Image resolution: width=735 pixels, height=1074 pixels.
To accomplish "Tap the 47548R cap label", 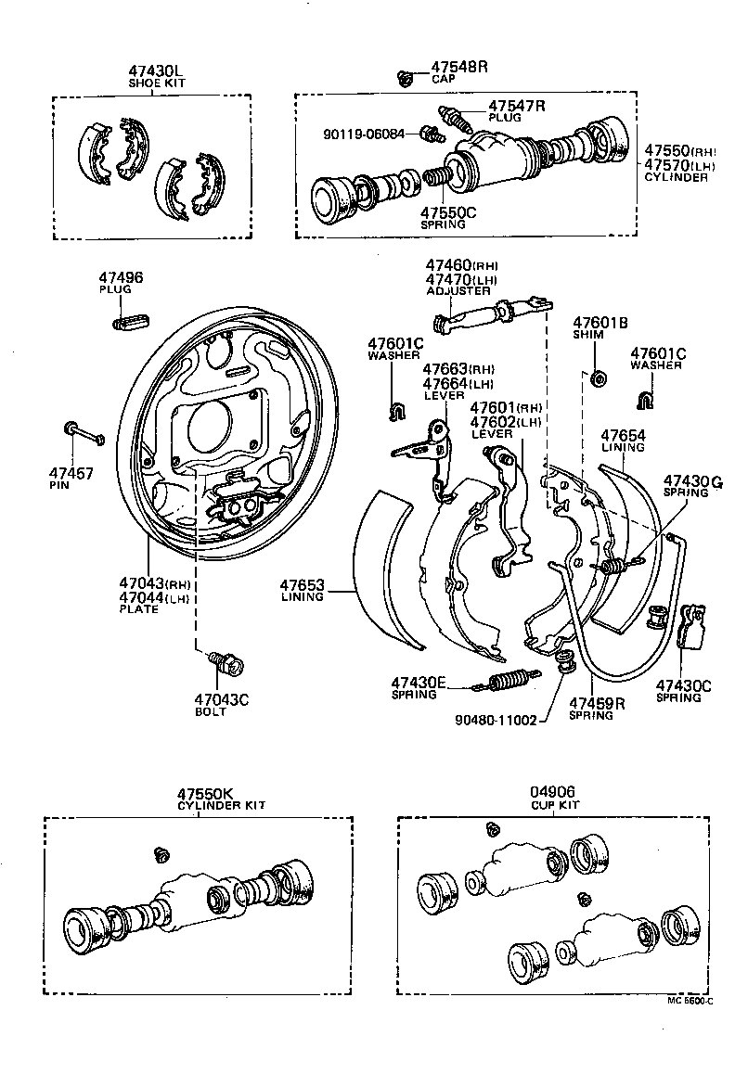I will (x=458, y=68).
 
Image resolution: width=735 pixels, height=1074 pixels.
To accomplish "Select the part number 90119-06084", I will (x=365, y=134).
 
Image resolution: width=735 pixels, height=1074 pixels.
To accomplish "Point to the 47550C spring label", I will (x=448, y=212).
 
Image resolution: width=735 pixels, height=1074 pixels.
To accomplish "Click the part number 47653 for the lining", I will (x=302, y=585).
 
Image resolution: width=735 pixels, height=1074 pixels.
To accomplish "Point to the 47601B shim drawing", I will (x=598, y=378).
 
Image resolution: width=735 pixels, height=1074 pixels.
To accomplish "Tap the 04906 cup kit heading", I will (x=553, y=793).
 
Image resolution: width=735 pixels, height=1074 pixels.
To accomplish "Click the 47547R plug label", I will (x=516, y=106).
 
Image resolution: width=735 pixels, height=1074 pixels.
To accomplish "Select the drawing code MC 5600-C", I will (x=689, y=1000).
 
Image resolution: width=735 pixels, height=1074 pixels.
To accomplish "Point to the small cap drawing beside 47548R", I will (x=405, y=78).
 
